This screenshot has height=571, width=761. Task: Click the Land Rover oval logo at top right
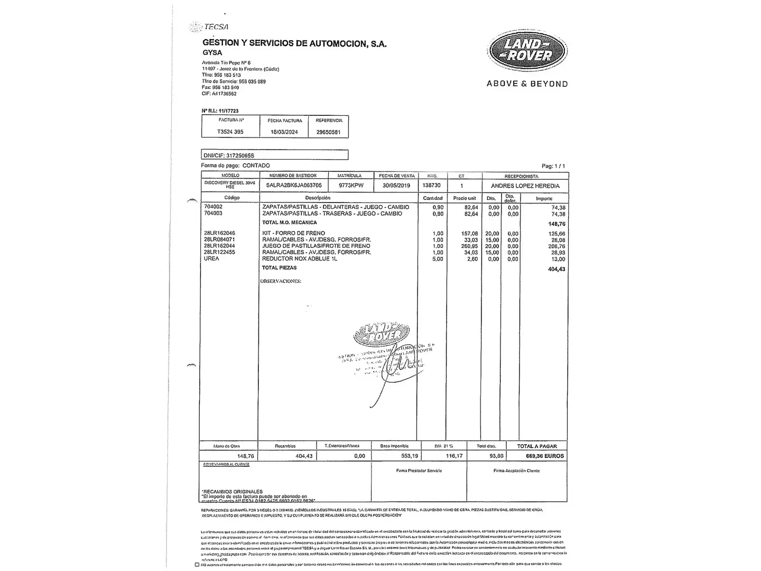tap(527, 51)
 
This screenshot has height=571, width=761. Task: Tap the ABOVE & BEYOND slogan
tap(527, 84)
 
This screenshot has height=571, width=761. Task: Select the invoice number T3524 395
tap(230, 132)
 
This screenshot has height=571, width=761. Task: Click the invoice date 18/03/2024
tap(285, 132)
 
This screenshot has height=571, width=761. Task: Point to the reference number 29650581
tap(328, 132)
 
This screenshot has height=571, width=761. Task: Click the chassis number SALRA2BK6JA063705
tap(294, 186)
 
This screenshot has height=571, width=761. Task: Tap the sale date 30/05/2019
tap(396, 186)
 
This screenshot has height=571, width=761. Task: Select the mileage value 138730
tap(432, 186)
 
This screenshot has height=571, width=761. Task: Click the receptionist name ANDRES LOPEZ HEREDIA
tap(525, 186)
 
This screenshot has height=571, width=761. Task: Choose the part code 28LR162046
tap(219, 233)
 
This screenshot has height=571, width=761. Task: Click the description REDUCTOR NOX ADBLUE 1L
tap(300, 259)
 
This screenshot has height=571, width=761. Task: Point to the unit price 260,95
tap(469, 246)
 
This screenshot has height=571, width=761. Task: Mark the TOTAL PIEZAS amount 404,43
tap(556, 269)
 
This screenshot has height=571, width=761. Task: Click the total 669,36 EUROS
tap(545, 456)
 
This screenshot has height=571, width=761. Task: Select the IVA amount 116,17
tap(454, 456)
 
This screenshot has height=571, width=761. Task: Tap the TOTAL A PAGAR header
tap(537, 446)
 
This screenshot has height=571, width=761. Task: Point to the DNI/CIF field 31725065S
tap(229, 155)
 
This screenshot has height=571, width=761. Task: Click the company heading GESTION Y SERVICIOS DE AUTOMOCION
tap(294, 43)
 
